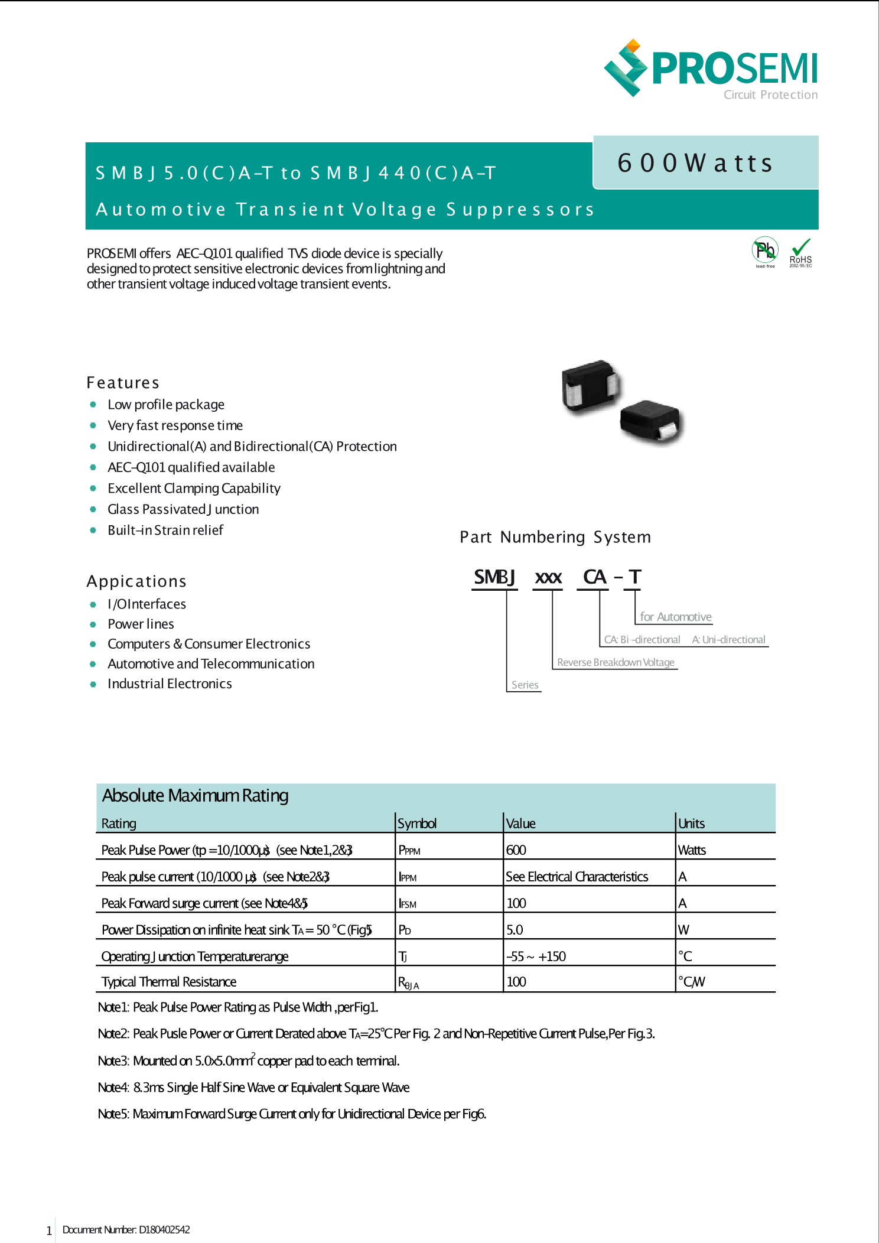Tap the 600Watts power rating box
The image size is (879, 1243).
click(x=705, y=163)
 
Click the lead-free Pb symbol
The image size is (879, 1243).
click(x=765, y=251)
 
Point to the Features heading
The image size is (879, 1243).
click(x=123, y=383)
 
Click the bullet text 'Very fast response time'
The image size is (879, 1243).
click(x=175, y=425)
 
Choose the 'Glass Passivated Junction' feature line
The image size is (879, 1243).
click(x=183, y=509)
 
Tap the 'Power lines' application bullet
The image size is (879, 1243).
click(x=141, y=624)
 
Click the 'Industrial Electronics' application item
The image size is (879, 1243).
click(x=170, y=684)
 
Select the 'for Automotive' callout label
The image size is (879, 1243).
click(x=676, y=617)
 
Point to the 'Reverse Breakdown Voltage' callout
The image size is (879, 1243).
click(x=616, y=662)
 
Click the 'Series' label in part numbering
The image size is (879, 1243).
click(x=525, y=685)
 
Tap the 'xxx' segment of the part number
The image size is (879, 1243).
click(x=548, y=577)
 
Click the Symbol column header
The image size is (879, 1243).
click(x=417, y=824)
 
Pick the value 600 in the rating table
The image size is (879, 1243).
click(x=516, y=850)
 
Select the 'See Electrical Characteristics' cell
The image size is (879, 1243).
click(x=577, y=877)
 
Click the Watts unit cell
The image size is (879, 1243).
click(x=692, y=850)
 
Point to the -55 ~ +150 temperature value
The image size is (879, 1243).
click(x=536, y=956)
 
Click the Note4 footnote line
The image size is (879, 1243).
click(x=254, y=1088)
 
